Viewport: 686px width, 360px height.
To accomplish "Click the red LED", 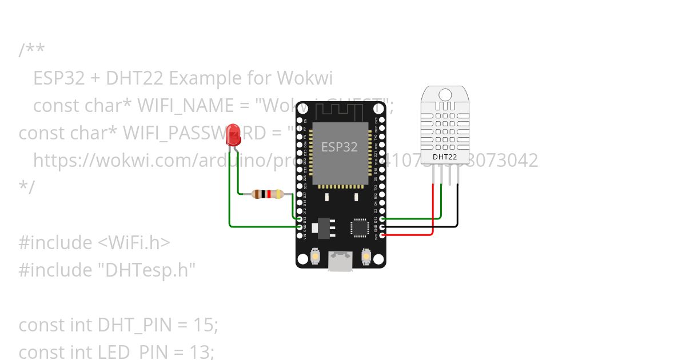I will click(233, 135).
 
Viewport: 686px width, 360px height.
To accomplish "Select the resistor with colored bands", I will click(268, 194).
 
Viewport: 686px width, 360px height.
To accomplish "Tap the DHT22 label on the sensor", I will click(444, 156).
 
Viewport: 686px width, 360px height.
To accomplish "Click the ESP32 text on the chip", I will click(339, 147).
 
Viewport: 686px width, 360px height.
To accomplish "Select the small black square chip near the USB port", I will click(360, 227).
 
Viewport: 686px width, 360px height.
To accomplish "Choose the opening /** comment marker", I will click(31, 50).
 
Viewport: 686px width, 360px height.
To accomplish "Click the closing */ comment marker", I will click(26, 186).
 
